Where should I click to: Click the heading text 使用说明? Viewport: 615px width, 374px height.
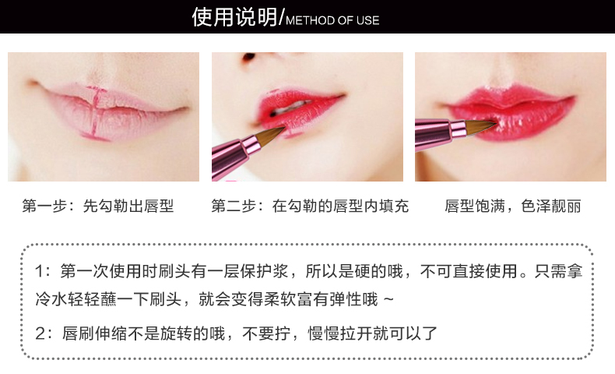tap(234, 17)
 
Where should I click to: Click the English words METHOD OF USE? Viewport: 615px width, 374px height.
tap(332, 20)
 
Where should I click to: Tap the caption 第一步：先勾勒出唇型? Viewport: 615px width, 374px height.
tap(98, 206)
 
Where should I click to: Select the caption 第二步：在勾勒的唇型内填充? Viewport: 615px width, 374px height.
tap(310, 206)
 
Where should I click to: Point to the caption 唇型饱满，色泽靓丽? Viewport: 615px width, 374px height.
tap(513, 206)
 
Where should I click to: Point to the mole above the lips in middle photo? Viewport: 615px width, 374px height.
tap(248, 58)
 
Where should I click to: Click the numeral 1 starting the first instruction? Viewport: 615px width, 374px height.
tap(39, 271)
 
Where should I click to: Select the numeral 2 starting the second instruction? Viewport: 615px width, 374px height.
tap(40, 333)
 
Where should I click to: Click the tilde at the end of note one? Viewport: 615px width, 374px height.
tap(388, 300)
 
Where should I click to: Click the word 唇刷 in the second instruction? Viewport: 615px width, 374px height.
tap(78, 333)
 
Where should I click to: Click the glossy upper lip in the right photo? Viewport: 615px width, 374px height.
tap(510, 96)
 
